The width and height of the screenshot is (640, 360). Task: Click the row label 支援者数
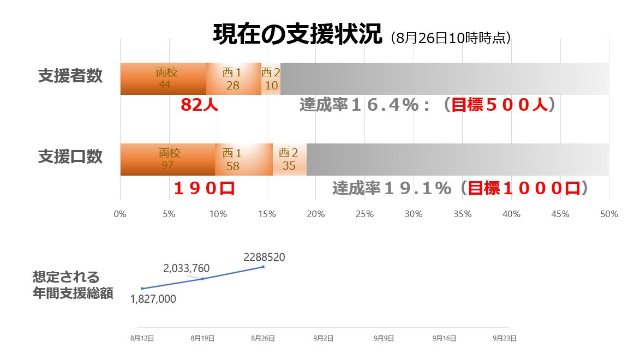point(70,76)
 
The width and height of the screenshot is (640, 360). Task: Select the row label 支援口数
point(70,157)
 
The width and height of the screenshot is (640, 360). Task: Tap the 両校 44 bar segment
point(164,79)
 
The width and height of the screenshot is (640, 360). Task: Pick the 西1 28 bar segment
point(234,79)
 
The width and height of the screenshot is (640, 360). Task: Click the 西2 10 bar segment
point(271,79)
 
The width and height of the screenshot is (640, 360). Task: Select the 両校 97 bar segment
point(168,159)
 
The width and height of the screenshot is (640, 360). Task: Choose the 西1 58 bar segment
point(244,159)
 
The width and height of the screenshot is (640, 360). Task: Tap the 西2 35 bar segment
point(289,159)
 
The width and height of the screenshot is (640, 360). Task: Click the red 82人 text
point(199,105)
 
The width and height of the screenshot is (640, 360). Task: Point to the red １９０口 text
point(204,188)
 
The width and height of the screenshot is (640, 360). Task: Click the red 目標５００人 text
point(499,105)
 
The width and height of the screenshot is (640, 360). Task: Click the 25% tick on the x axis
point(364,214)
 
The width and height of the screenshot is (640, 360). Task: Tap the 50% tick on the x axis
point(609,214)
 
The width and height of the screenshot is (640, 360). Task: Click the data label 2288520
point(265,257)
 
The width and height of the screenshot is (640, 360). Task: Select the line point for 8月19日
point(202,279)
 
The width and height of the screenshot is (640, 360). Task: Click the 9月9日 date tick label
point(384,338)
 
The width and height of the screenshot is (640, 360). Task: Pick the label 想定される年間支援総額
point(73,285)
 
